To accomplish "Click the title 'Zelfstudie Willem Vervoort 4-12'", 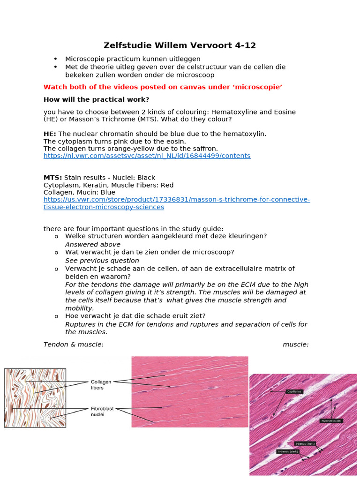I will pos(180,45).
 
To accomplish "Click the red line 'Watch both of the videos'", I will pos(163,87).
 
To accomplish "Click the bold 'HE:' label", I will pos(50,134).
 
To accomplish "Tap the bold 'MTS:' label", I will pos(52,178).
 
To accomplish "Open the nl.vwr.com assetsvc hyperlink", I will pos(147,156).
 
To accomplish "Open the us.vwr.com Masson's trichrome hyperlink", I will pos(177,203).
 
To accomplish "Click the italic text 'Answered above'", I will pos(92,244).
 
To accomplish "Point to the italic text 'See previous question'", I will pos(102,260).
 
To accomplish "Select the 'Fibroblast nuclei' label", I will pos(103,412).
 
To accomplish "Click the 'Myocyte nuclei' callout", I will pos(331,421).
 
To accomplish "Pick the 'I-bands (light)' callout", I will pos(305,443).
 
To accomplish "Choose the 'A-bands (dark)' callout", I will pos(288,451).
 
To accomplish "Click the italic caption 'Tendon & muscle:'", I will pos(73,345).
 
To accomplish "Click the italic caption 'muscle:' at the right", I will pos(295,345).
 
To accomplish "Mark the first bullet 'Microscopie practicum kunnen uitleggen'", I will pos(133,59).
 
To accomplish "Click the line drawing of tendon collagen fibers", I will pos(35,397).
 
